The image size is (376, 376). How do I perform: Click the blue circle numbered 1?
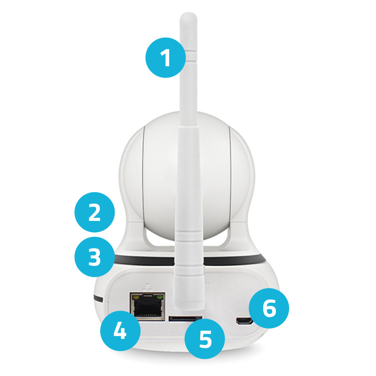165,57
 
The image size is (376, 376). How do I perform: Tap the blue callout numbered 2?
94,212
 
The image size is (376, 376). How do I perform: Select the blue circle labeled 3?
94,257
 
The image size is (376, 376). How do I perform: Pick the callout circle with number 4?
120,331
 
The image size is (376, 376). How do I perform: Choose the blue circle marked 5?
205,339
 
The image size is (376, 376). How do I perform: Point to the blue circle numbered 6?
269,308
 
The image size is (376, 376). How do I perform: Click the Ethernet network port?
148,306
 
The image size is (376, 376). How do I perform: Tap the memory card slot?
185,319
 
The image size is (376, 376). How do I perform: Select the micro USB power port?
244,321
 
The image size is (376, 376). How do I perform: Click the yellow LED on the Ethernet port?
136,298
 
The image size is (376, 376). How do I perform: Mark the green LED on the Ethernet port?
159,298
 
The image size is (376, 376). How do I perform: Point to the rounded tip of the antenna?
188,17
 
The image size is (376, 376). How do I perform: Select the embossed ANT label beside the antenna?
210,284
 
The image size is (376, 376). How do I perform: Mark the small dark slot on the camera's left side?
98,299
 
